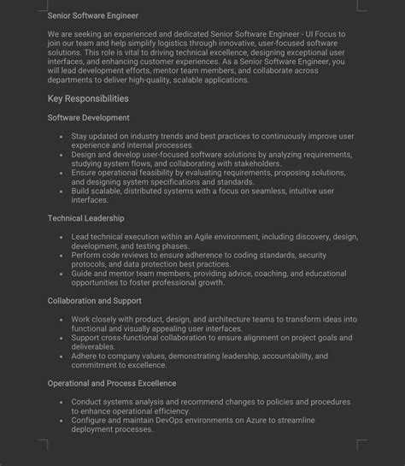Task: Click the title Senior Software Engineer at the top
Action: coord(93,15)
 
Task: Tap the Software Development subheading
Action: coord(89,117)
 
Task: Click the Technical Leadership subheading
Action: coord(86,219)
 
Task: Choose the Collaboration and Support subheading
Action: coord(95,301)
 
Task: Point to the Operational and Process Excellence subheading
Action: coord(112,383)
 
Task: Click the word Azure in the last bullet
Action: coord(242,421)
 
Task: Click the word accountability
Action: coord(280,356)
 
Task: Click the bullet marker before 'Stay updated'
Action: coord(61,136)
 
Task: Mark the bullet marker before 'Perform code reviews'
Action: coord(61,255)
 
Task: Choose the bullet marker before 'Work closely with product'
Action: coord(61,319)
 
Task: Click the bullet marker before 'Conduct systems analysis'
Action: coord(61,402)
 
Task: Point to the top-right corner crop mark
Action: coord(362,8)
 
